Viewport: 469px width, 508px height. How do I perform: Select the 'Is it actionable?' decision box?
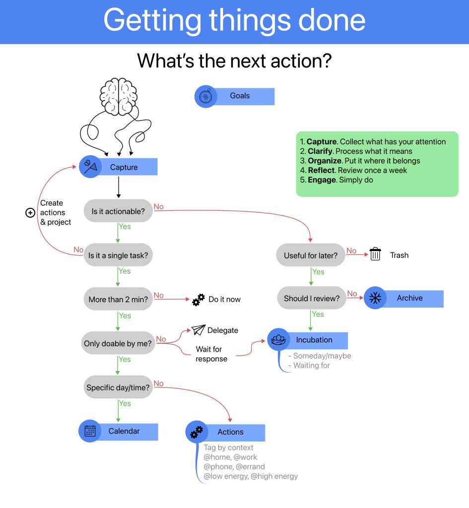click(118, 211)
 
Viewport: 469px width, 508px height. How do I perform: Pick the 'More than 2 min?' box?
click(118, 300)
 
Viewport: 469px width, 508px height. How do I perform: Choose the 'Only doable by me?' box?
click(118, 343)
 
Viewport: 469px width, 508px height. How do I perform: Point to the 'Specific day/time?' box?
click(118, 387)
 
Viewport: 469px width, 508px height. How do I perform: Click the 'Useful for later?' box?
click(311, 255)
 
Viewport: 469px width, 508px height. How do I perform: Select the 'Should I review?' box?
click(311, 299)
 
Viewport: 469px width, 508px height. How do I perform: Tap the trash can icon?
click(375, 255)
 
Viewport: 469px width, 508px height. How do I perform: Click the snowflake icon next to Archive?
click(375, 299)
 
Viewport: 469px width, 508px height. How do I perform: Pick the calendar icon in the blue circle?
click(90, 431)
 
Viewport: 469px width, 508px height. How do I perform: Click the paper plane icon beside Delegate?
click(199, 330)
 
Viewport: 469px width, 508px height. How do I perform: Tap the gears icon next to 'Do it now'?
click(198, 300)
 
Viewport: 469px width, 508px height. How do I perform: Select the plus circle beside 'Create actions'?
click(30, 212)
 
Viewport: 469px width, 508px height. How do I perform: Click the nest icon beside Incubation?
click(278, 340)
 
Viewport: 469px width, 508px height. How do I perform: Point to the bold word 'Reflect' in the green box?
click(321, 170)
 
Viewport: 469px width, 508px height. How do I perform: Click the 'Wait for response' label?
click(211, 354)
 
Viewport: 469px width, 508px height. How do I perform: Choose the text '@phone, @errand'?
click(234, 466)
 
